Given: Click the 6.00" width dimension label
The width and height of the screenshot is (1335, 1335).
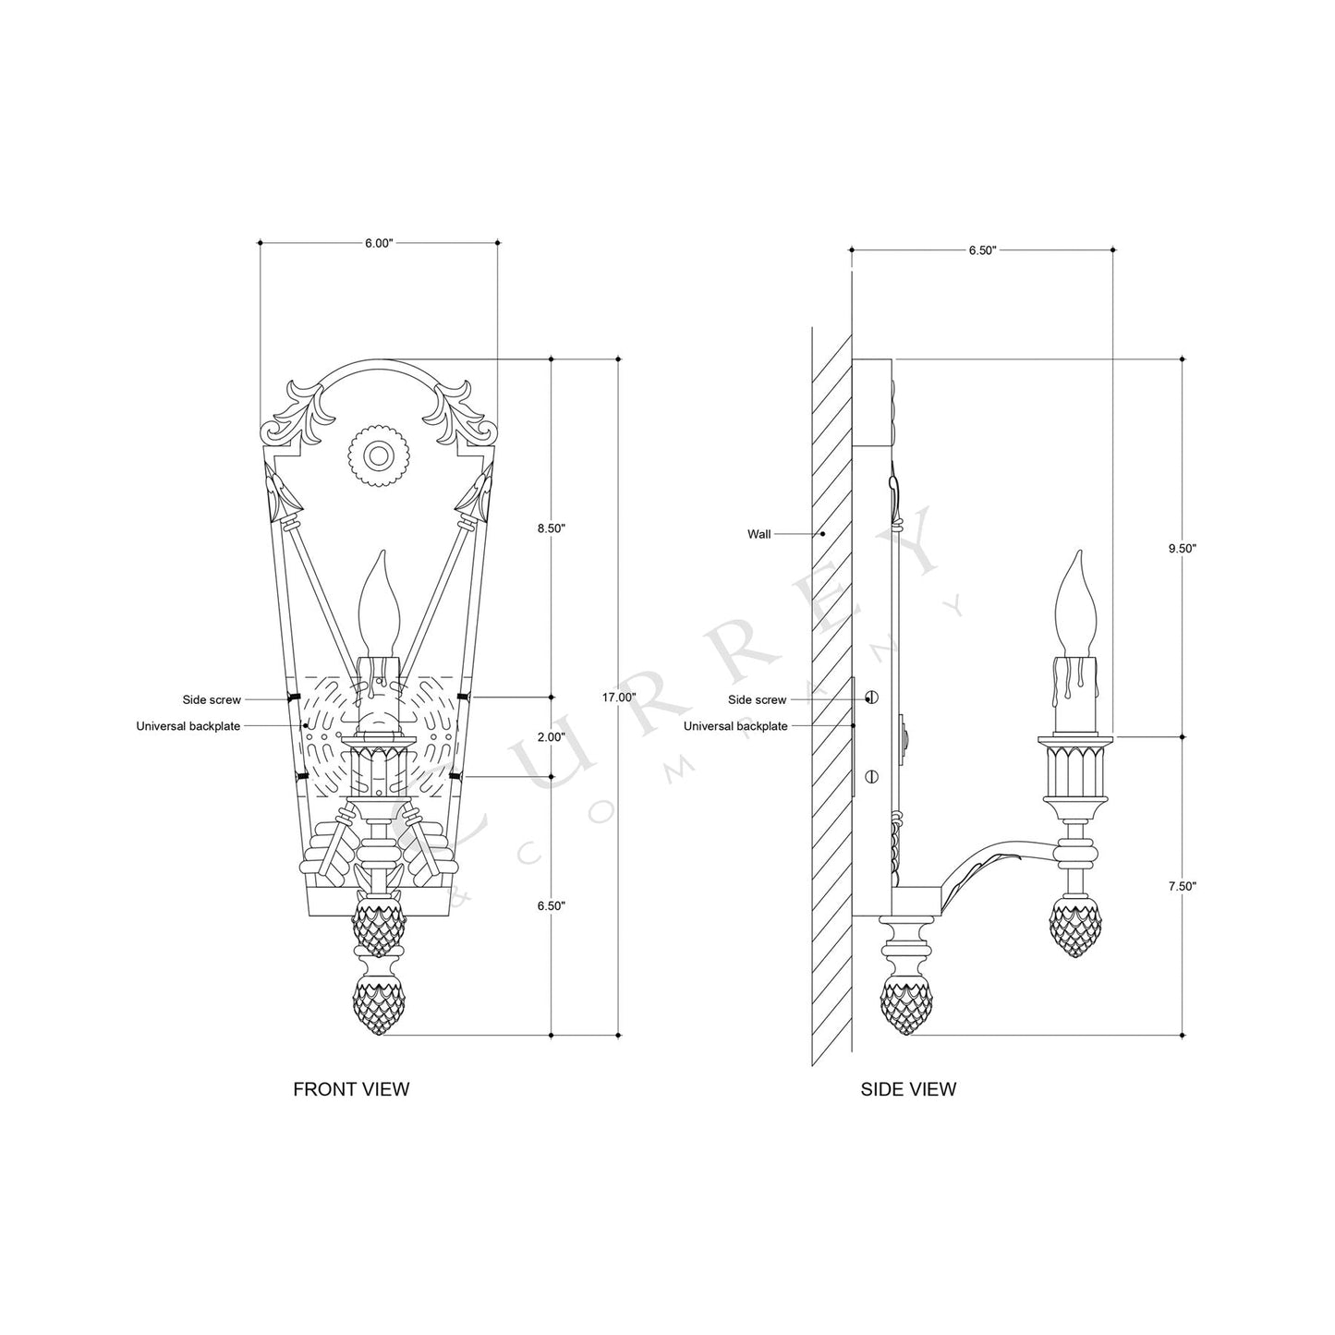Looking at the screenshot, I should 379,243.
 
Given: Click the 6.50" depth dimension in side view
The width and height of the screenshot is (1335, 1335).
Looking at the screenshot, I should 982,249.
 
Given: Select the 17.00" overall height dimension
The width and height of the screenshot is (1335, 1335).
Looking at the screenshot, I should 619,698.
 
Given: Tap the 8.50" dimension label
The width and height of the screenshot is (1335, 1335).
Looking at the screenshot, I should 552,528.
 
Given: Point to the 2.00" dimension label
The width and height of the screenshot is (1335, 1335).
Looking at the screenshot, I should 552,737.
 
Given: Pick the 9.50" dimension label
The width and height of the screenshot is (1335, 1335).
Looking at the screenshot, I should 1182,548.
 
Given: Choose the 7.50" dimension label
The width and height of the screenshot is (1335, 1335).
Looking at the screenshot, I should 1182,886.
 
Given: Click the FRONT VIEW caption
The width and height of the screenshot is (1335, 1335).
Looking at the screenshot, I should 351,1089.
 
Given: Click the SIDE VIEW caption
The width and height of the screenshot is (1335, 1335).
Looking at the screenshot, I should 908,1089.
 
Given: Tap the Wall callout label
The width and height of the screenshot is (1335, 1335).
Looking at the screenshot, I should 759,534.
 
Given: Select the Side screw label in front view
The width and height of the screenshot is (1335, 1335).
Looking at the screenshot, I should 212,700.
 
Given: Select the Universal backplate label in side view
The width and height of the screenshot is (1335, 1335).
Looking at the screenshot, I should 735,726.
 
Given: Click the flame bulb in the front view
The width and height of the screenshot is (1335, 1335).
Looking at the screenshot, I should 380,601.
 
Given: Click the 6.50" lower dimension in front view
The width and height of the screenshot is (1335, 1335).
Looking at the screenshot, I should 552,905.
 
